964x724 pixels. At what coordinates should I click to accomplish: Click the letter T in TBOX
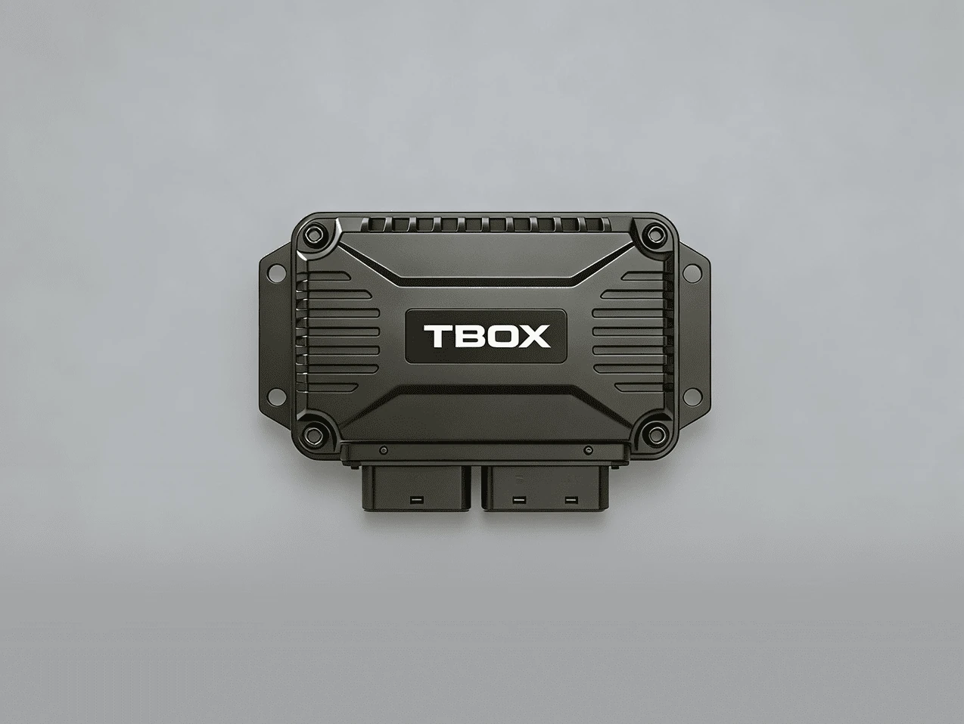pos(437,337)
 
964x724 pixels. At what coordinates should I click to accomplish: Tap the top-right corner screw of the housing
pos(651,235)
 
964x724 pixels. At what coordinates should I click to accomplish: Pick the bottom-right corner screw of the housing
pos(651,434)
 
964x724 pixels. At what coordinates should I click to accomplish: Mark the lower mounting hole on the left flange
pos(275,396)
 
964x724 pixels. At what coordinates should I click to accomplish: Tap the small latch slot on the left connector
pos(414,500)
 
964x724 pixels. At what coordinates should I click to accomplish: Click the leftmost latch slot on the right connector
pos(518,500)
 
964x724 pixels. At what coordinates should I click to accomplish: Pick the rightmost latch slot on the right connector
pos(571,500)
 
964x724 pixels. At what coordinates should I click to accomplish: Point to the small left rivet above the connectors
pos(384,450)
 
